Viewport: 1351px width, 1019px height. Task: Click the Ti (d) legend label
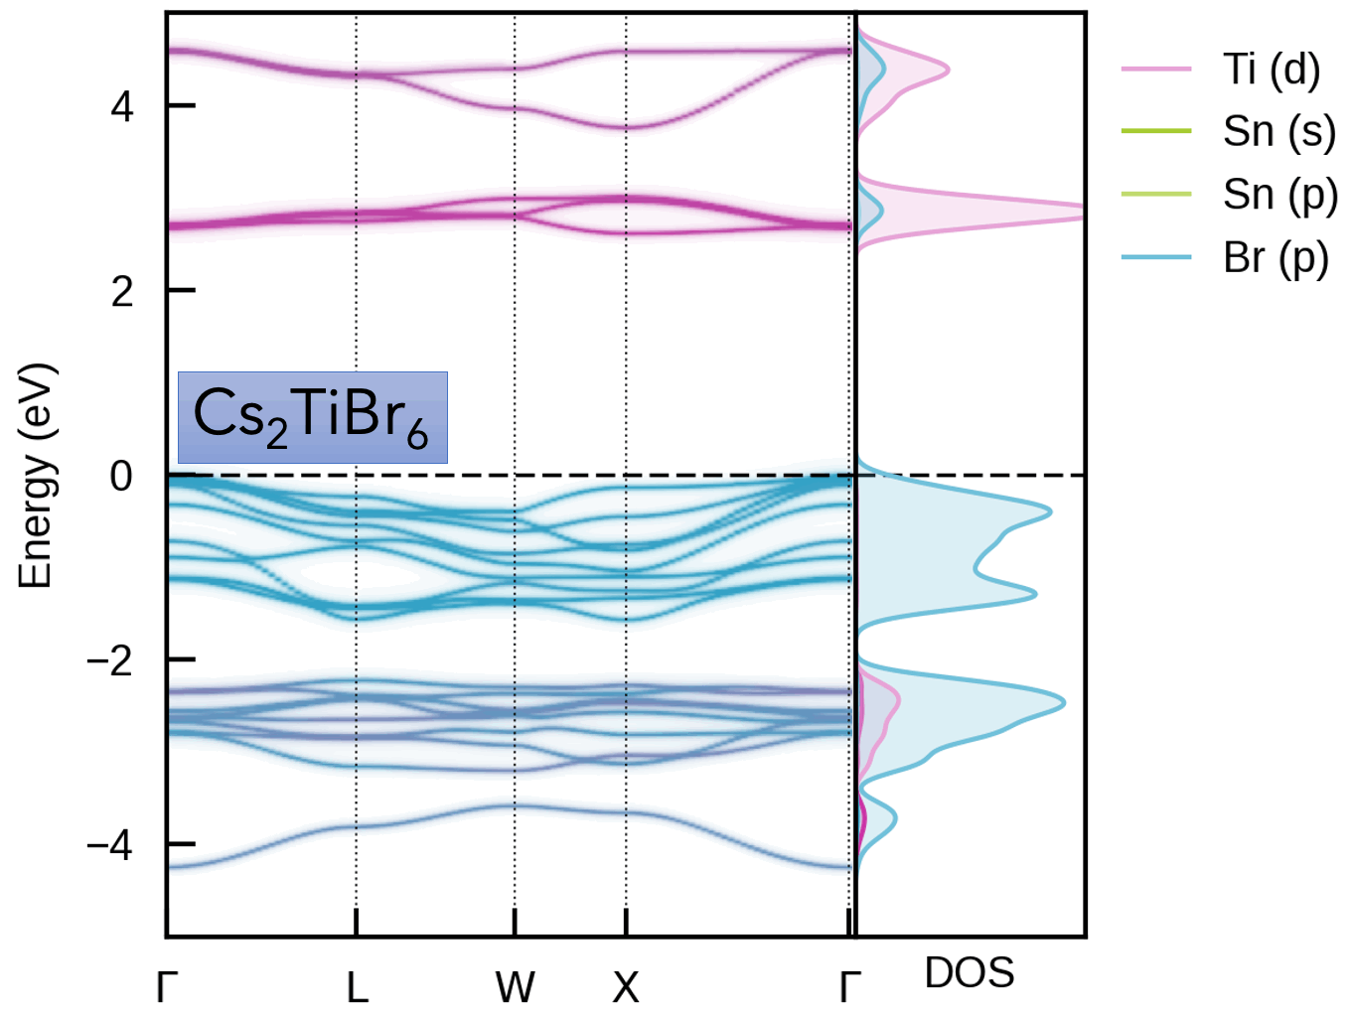[1272, 70]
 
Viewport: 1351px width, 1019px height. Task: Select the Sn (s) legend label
[1279, 131]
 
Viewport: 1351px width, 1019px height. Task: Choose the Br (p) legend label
[1276, 258]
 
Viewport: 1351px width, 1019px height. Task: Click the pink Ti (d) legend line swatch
[1156, 70]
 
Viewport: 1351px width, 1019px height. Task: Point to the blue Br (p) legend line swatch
[1156, 258]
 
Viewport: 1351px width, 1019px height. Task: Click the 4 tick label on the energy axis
[122, 106]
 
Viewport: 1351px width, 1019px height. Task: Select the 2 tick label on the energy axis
[122, 291]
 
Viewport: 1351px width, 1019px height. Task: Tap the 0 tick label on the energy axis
[121, 477]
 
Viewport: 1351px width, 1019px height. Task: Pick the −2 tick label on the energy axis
[109, 660]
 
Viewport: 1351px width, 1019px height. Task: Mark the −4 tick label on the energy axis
[109, 845]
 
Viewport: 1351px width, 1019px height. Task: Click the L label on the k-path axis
[357, 987]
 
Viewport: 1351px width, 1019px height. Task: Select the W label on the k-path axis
[515, 987]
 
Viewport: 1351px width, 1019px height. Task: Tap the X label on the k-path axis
[626, 987]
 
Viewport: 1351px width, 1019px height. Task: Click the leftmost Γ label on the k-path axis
[167, 987]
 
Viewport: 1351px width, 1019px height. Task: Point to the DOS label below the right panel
[969, 973]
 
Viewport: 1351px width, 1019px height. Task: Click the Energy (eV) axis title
[36, 477]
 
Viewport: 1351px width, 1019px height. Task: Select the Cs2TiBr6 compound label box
[312, 417]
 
